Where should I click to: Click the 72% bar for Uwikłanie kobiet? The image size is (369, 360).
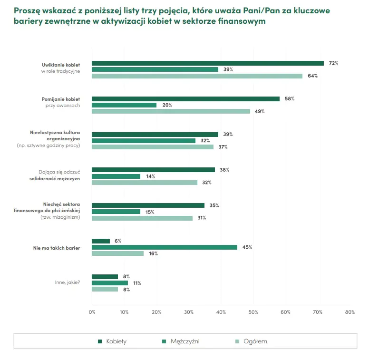click(x=207, y=63)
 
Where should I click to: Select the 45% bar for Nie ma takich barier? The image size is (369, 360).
click(x=164, y=247)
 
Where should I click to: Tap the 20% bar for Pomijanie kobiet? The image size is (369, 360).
click(x=124, y=105)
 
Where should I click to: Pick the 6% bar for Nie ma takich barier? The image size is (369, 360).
click(x=101, y=241)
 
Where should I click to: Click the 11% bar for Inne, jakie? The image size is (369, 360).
click(x=109, y=283)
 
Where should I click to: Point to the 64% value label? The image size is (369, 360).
click(x=312, y=76)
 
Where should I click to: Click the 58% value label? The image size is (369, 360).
click(x=290, y=98)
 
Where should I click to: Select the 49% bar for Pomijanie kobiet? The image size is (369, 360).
click(x=171, y=111)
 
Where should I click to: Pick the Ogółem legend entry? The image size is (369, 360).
click(x=255, y=341)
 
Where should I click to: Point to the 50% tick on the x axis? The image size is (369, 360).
click(x=253, y=312)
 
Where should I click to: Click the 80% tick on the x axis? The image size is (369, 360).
click(x=350, y=312)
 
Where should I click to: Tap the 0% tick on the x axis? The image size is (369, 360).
click(x=92, y=312)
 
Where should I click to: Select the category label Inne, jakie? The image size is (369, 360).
click(x=68, y=283)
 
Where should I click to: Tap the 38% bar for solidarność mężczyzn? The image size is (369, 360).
click(x=153, y=170)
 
